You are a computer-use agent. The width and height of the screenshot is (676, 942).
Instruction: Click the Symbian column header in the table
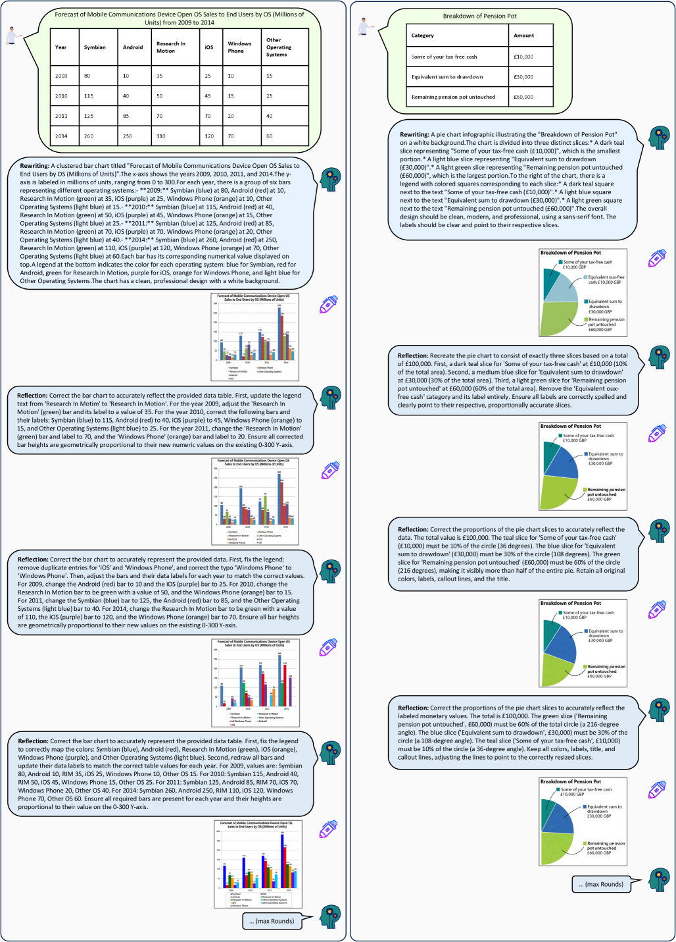click(x=95, y=47)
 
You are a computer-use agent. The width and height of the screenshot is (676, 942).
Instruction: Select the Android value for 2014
click(x=128, y=136)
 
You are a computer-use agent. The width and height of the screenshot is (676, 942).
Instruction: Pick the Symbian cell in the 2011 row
click(x=89, y=116)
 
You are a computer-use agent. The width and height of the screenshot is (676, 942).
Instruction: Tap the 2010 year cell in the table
click(x=61, y=96)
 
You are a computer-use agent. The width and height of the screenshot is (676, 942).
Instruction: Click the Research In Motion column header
click(x=171, y=47)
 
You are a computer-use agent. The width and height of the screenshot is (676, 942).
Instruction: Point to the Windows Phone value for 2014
click(x=231, y=136)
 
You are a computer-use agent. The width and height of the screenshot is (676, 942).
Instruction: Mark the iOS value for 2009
click(x=208, y=76)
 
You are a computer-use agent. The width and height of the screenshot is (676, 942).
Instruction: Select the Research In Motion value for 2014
click(x=161, y=136)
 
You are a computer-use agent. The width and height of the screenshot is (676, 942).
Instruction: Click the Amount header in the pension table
click(x=523, y=36)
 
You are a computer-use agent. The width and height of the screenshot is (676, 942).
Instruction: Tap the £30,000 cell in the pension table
click(x=523, y=77)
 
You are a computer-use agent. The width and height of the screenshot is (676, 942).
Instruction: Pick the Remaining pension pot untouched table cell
click(x=453, y=97)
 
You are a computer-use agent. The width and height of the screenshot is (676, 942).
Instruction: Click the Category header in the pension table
click(x=422, y=36)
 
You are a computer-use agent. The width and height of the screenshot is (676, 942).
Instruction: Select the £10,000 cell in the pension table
click(x=523, y=57)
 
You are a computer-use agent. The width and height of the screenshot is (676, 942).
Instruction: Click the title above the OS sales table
click(x=180, y=18)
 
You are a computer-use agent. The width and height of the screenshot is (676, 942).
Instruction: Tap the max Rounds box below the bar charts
click(x=272, y=921)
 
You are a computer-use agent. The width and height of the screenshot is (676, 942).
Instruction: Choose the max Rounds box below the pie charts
click(x=601, y=884)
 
